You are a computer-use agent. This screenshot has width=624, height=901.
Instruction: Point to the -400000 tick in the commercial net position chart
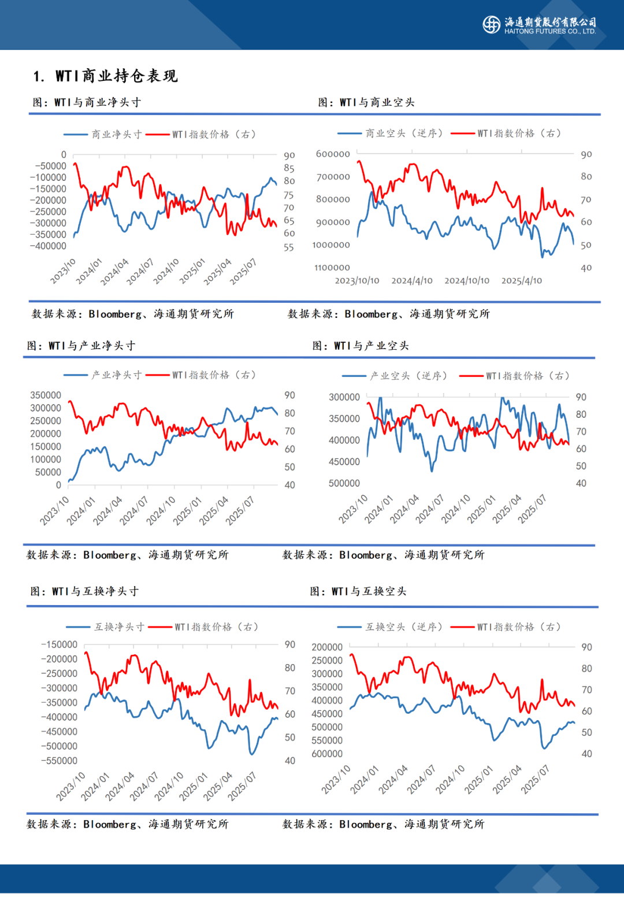point(48,246)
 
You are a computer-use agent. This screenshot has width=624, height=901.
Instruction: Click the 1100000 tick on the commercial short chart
point(332,268)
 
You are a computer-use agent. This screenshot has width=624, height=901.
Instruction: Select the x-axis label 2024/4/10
point(412,281)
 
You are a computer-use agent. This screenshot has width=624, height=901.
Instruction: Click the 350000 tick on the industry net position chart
point(46,395)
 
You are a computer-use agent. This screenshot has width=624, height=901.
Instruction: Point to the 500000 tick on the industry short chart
point(344,483)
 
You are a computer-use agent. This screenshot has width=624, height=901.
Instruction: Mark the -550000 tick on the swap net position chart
point(59,761)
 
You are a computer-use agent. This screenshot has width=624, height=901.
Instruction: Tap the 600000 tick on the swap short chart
point(327,754)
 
